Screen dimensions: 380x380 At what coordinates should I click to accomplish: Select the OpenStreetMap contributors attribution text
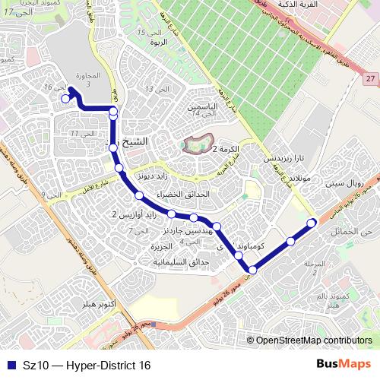pos(313,341)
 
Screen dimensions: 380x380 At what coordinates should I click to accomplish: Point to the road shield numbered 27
pos(370,79)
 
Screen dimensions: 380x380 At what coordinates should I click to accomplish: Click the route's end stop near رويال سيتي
pos(311,223)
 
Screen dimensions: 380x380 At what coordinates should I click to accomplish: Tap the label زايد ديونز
pos(150,175)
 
